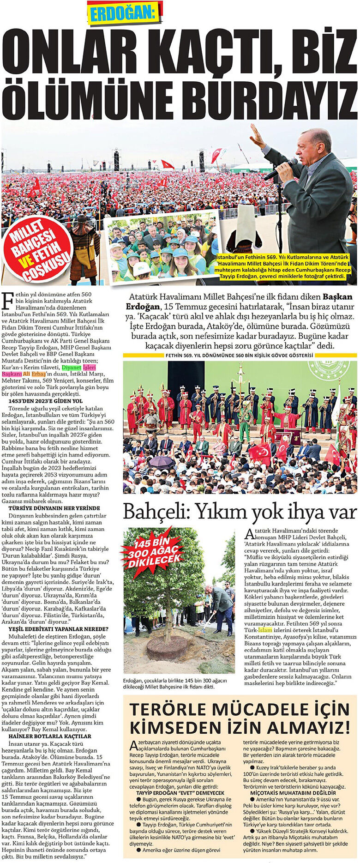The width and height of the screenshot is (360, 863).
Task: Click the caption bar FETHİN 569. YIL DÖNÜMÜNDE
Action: tap(240, 355)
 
